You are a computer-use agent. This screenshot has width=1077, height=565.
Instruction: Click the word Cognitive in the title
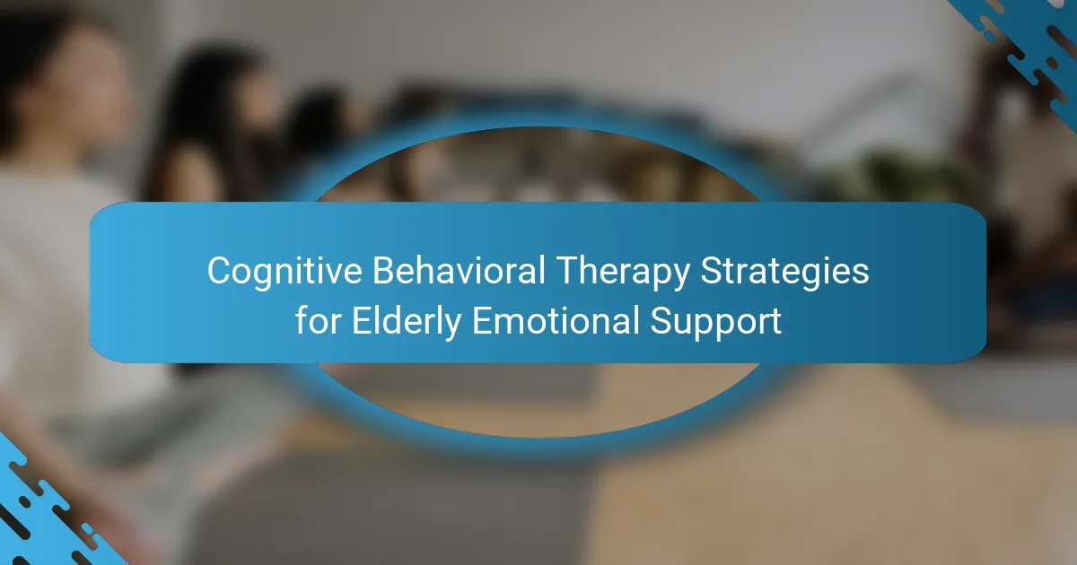point(285,271)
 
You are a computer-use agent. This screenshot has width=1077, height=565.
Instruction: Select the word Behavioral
point(459,271)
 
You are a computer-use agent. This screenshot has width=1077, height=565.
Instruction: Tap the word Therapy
point(623,273)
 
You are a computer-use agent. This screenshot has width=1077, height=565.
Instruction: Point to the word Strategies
point(784,273)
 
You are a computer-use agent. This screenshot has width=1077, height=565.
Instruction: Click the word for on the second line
point(319,320)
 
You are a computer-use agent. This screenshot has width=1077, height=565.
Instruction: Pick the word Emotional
point(556,320)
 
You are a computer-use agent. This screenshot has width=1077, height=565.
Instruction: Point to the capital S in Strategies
point(711,271)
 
